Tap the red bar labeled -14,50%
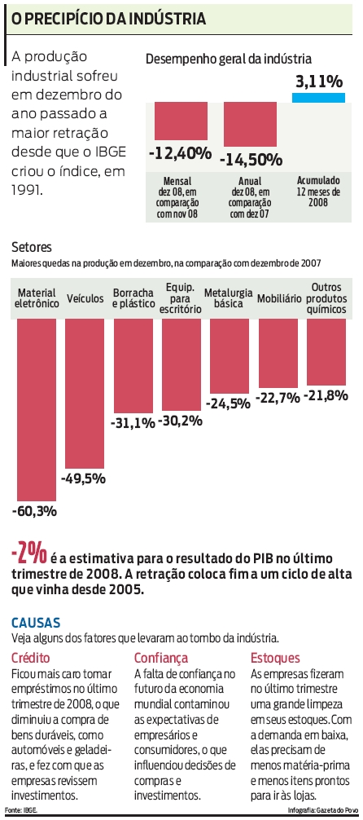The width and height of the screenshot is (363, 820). click(x=249, y=125)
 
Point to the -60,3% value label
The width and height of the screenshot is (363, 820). click(x=35, y=511)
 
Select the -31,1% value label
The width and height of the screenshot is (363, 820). click(x=133, y=422)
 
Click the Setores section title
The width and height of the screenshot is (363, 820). click(x=32, y=245)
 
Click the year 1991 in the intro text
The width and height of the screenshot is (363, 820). click(x=26, y=188)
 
